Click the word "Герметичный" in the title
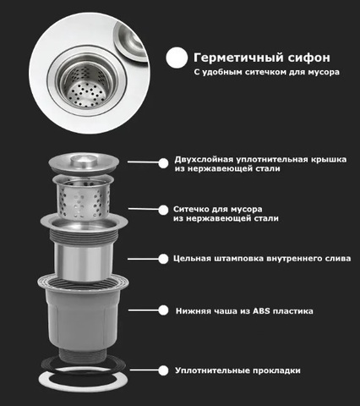point(235,58)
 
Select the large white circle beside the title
point(177,58)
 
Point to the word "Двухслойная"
point(204,160)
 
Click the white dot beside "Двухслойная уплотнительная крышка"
point(163,163)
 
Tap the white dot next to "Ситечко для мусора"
point(163,210)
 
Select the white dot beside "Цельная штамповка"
point(163,259)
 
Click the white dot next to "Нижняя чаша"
point(163,310)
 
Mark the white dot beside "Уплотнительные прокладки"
point(163,370)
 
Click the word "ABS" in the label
point(261,311)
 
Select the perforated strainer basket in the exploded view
point(84,198)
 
